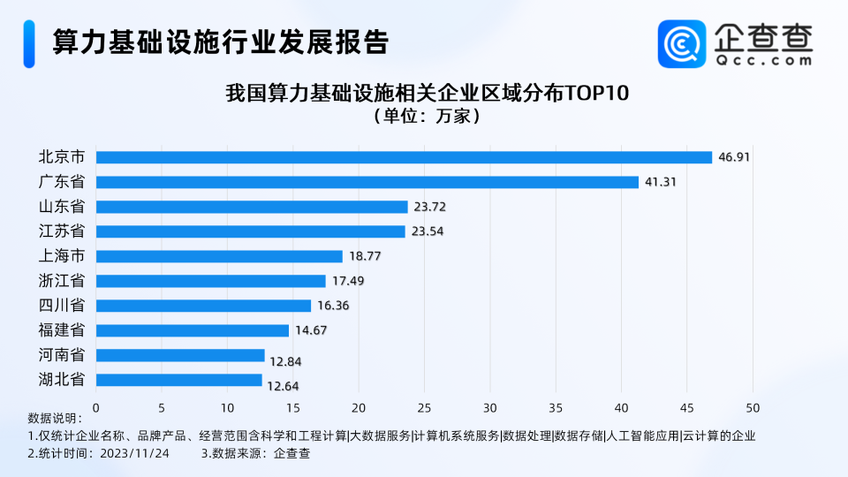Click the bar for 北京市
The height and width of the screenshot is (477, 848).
404,157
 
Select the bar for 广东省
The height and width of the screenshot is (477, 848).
367,182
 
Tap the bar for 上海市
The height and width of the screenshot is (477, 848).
219,256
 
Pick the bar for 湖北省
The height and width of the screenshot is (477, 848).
179,380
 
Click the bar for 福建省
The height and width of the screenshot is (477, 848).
193,330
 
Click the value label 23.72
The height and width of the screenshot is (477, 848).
429,207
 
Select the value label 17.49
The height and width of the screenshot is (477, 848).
347,281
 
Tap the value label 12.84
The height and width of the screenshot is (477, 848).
286,355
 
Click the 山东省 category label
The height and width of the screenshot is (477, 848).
62,207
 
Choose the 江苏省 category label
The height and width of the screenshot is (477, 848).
62,231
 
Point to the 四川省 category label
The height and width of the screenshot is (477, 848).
62,306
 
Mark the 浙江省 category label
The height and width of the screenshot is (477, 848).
62,281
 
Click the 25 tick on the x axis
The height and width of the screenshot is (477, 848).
424,408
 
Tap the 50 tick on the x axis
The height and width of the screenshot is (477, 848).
753,408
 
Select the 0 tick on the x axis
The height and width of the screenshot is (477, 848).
96,408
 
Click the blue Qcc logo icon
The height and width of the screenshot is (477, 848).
682,44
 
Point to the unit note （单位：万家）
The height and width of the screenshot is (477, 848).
427,116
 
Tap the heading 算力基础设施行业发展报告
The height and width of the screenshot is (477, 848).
221,42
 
